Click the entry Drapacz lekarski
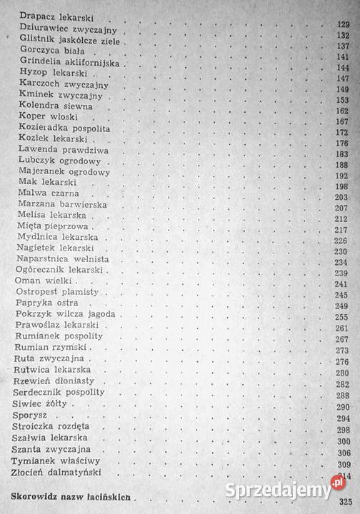(49, 15)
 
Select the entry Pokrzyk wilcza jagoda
(60, 316)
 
